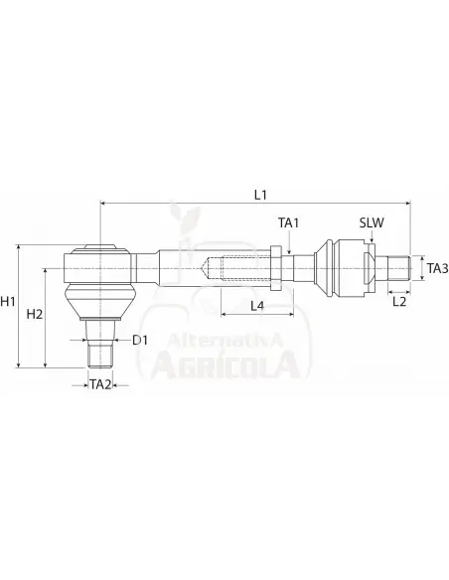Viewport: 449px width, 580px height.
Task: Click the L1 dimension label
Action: pyautogui.click(x=260, y=195)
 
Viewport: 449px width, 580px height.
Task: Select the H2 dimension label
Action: pyautogui.click(x=34, y=314)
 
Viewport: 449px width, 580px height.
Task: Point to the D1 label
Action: pyautogui.click(x=140, y=340)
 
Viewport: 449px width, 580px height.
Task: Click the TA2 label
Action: pyautogui.click(x=100, y=382)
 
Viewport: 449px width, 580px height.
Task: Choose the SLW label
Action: pyautogui.click(x=373, y=224)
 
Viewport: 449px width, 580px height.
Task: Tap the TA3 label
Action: pyautogui.click(x=436, y=267)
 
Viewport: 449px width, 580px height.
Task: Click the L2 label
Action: pyautogui.click(x=399, y=300)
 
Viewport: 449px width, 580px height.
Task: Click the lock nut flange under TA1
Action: pyautogui.click(x=286, y=268)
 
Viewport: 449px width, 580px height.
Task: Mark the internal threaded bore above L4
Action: pyautogui.click(x=238, y=268)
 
